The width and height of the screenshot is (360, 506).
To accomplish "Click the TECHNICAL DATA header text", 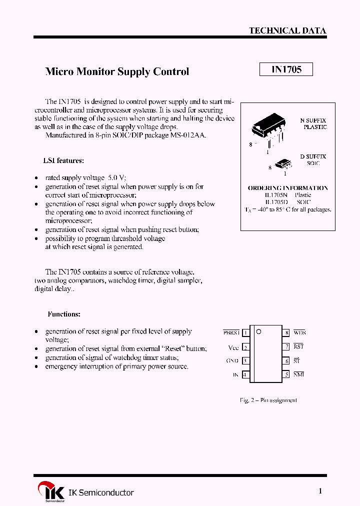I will pyautogui.click(x=287, y=30).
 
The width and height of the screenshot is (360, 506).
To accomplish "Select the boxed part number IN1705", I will pyautogui.click(x=286, y=69).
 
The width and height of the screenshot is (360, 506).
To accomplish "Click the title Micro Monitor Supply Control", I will pyautogui.click(x=117, y=71).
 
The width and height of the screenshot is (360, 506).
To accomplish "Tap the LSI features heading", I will pyautogui.click(x=63, y=160).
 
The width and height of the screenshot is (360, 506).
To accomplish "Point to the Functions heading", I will pyautogui.click(x=64, y=314).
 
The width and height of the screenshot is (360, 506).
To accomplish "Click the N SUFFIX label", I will pyautogui.click(x=313, y=120).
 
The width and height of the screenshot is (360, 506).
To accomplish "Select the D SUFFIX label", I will pyautogui.click(x=313, y=156).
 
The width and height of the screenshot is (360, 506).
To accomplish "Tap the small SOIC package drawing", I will pyautogui.click(x=283, y=163).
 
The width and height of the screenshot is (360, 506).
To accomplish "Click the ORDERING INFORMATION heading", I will pyautogui.click(x=288, y=188).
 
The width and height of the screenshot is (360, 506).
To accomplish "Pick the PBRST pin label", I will pyautogui.click(x=231, y=332).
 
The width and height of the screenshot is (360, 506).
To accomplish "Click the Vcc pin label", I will pyautogui.click(x=233, y=347).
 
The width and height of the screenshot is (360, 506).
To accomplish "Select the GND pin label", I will pyautogui.click(x=232, y=360).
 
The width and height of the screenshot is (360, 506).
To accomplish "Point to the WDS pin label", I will pyautogui.click(x=299, y=332).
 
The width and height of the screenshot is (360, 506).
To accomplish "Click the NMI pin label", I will pyautogui.click(x=298, y=374).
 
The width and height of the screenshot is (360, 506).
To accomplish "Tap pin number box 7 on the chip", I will pyautogui.click(x=287, y=346).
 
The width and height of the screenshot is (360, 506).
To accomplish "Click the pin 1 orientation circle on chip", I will pyautogui.click(x=258, y=331).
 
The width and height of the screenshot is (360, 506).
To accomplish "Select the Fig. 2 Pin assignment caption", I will pyautogui.click(x=268, y=400).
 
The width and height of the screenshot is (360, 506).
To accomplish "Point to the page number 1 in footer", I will pyautogui.click(x=320, y=491).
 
